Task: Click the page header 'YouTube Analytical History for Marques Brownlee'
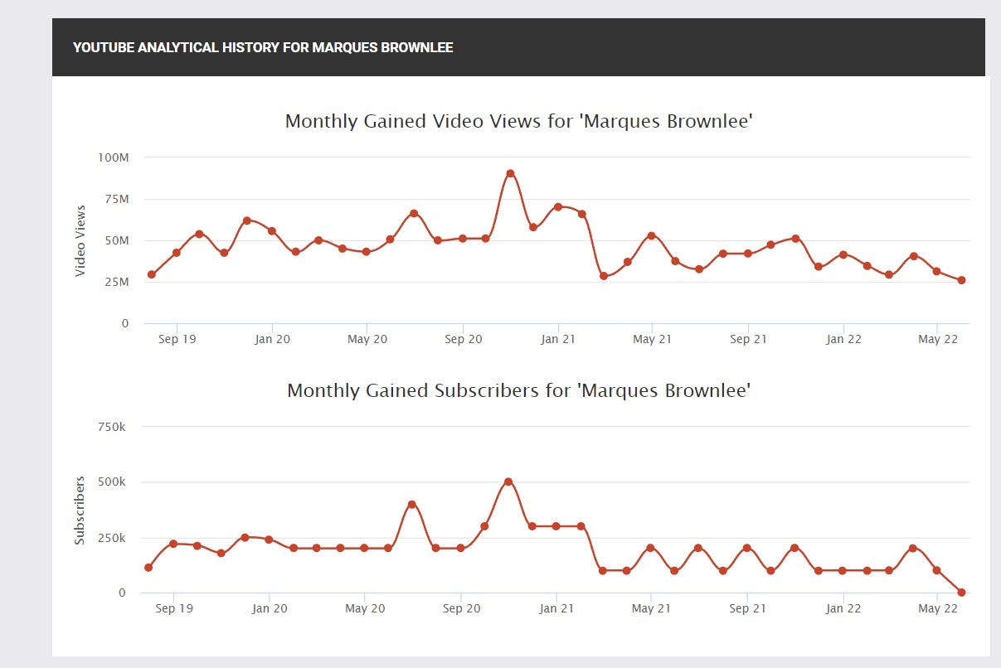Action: click(263, 47)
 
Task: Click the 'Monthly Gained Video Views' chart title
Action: click(518, 121)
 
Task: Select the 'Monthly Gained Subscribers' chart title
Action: click(518, 390)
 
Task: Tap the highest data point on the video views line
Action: click(510, 173)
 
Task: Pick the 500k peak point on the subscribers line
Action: click(508, 482)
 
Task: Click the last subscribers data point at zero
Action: click(961, 593)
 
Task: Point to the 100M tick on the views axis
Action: click(114, 157)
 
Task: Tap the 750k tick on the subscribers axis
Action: click(111, 427)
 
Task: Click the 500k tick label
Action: click(111, 482)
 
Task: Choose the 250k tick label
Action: click(111, 538)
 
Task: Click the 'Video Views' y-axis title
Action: click(80, 240)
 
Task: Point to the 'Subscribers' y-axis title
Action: click(80, 510)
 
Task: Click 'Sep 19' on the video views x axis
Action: click(177, 339)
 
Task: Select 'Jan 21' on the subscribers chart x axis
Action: click(556, 608)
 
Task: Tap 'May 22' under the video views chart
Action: click(938, 339)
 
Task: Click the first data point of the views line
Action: click(152, 274)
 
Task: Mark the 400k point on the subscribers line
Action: click(411, 504)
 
